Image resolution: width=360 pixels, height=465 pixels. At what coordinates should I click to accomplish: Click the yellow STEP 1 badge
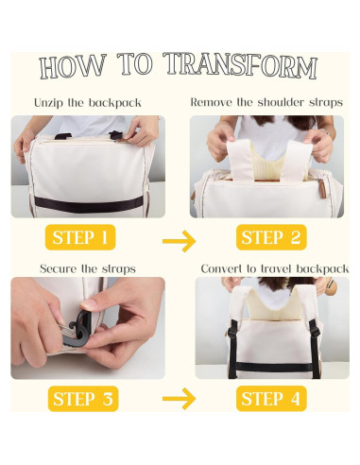click(80, 237)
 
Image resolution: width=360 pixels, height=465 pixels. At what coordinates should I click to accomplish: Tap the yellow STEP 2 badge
click(271, 237)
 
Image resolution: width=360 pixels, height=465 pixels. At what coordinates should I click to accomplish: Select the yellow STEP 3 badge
click(83, 399)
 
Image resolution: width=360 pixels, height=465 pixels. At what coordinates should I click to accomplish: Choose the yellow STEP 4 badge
click(271, 399)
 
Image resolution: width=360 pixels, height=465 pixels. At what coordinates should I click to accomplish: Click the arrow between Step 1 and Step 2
click(179, 241)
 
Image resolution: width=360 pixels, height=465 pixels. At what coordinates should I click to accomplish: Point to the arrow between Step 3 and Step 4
click(179, 399)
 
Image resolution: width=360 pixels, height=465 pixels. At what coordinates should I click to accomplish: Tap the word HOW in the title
click(73, 67)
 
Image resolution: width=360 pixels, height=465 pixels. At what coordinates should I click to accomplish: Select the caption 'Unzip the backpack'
click(88, 103)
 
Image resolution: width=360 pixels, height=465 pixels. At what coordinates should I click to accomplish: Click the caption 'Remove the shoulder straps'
click(266, 102)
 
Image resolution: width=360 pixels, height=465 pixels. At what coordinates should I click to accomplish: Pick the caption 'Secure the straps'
click(88, 268)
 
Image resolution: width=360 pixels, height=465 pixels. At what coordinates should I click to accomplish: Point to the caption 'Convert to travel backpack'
click(275, 268)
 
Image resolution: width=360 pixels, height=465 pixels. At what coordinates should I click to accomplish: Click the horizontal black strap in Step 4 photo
click(273, 367)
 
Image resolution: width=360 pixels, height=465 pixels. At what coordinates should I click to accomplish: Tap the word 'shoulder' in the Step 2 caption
click(281, 102)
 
